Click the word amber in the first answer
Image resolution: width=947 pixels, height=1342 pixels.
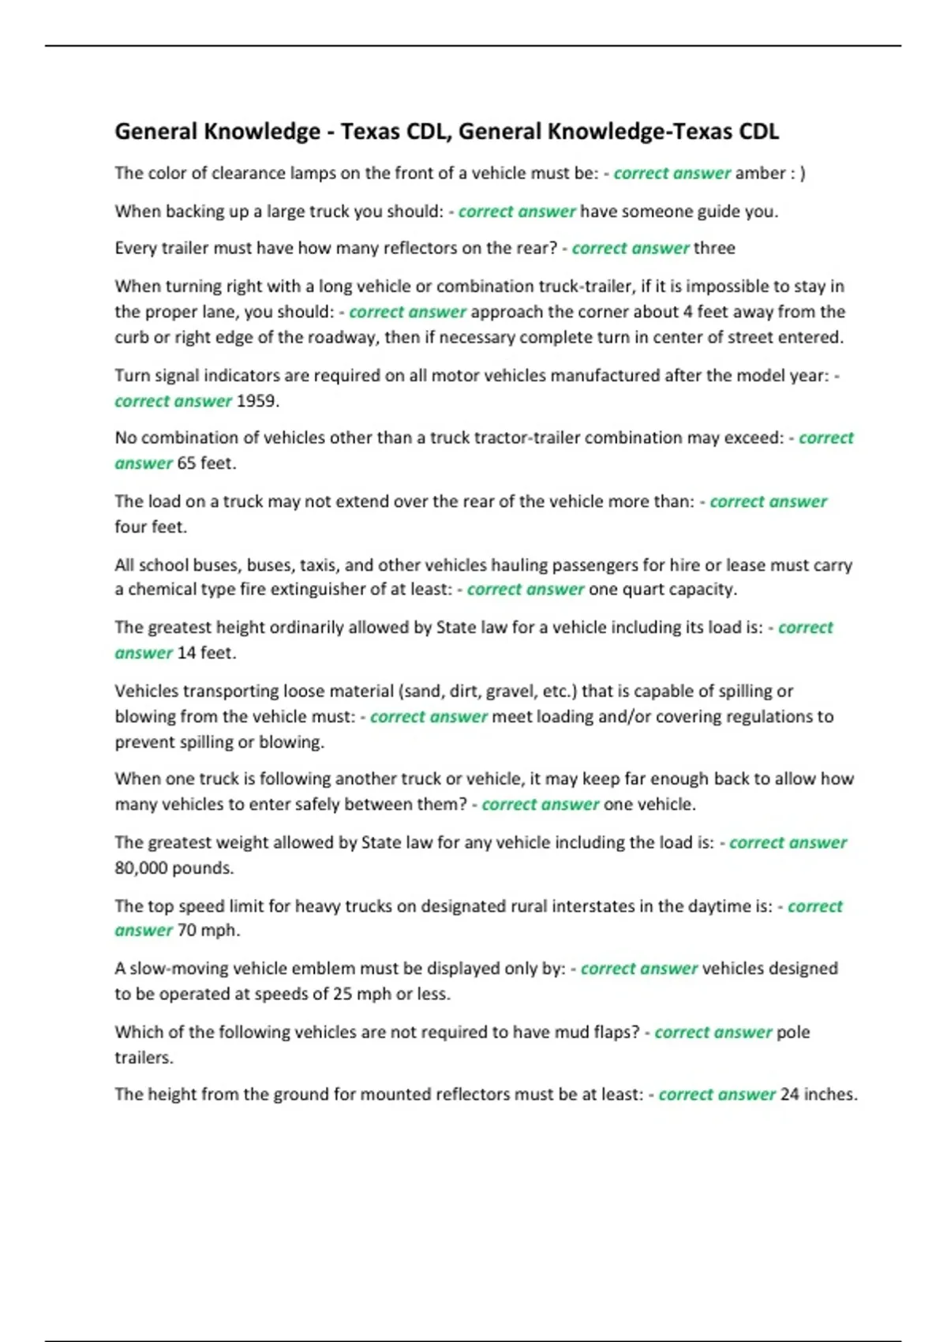[x=760, y=173]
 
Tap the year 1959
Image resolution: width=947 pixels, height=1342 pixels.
[x=257, y=401]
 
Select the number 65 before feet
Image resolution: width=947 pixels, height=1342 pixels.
[x=186, y=463]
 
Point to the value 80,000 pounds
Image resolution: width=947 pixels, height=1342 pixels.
[x=174, y=868]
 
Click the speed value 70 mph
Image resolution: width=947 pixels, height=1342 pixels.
[x=208, y=931]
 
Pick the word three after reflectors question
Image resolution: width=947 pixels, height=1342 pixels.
[x=714, y=248]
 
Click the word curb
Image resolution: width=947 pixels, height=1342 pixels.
[x=131, y=338]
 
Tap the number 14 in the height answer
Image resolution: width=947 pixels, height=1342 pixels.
[x=186, y=653]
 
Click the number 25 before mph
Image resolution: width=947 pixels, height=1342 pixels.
[x=342, y=994]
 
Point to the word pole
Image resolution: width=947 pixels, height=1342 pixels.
[x=793, y=1033]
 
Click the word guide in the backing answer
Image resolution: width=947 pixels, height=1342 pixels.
[x=696, y=212]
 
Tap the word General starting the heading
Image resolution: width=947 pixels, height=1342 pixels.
[x=156, y=131]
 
